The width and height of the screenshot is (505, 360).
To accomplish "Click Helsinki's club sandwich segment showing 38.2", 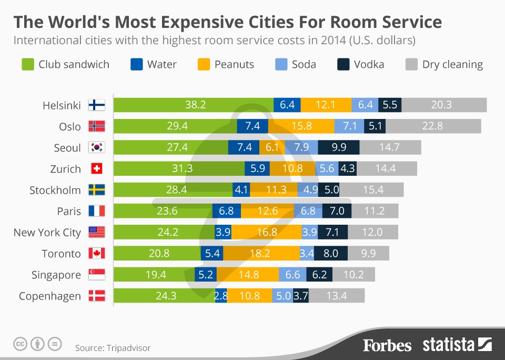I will pos(195,105).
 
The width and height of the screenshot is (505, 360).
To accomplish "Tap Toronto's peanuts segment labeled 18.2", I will pos(261,254).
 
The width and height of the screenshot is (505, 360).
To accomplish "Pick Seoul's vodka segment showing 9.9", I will pos(339,147).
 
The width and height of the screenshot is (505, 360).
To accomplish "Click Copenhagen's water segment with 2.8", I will pos(221,296).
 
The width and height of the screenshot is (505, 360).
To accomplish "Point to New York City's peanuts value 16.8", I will pos(266,232).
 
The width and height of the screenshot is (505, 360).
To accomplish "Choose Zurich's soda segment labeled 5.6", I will pos(327,169).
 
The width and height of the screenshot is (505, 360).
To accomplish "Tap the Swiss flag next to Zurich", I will pos(96,169).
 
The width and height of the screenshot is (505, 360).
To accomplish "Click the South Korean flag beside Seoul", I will pos(96,147).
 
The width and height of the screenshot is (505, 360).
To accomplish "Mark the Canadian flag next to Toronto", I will pos(96,254).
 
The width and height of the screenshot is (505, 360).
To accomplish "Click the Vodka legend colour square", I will pos(343,65).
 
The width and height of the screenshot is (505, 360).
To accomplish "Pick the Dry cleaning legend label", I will pos(452,65).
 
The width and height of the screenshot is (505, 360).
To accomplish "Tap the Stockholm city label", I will pos(55,190).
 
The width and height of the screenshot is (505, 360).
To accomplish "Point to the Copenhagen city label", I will pos(50,296).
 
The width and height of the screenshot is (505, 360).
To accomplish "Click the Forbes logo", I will pos(387,345).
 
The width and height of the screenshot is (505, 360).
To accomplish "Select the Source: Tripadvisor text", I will pos(113,348).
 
